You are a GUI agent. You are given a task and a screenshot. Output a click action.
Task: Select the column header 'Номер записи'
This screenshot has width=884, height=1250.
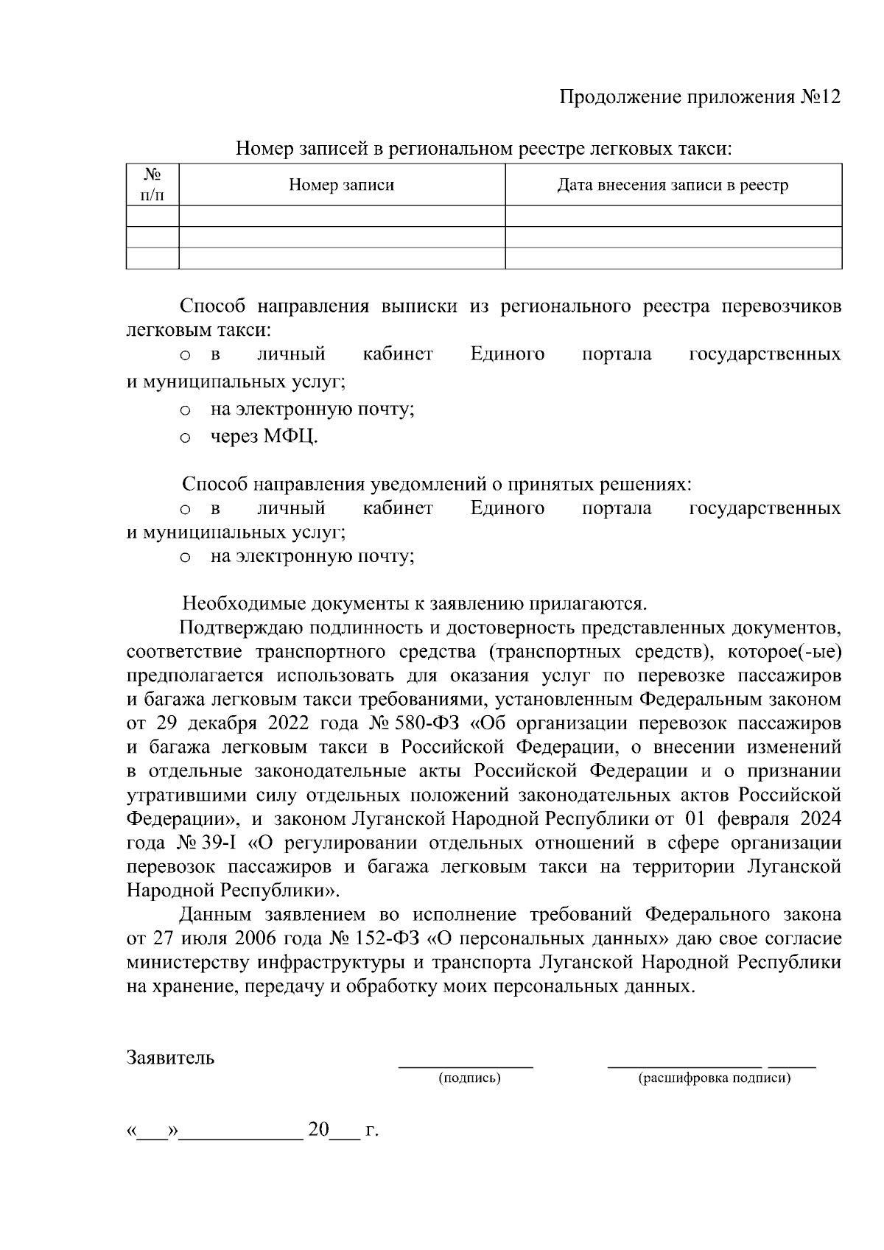point(341,185)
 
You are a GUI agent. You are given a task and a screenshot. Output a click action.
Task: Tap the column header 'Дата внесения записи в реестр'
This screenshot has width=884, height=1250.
point(673,185)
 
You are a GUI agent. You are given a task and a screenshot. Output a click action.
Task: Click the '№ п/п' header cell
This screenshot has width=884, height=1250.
point(152,185)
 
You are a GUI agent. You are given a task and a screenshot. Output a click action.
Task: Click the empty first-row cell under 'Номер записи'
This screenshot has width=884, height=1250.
point(341,216)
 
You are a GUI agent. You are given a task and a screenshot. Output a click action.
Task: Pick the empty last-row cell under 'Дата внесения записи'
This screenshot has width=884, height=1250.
point(673,259)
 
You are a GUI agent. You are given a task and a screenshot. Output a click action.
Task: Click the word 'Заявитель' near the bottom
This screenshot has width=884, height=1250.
point(170,1058)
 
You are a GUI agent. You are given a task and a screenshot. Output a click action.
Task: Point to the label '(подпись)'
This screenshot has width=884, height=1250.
point(469,1078)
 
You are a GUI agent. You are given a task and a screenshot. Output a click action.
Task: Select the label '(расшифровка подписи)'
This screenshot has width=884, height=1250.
point(714,1078)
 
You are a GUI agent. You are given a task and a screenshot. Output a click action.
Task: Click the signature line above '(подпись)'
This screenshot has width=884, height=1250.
point(466,1066)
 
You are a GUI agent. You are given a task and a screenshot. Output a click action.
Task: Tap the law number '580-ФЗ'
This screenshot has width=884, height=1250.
point(427,723)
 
